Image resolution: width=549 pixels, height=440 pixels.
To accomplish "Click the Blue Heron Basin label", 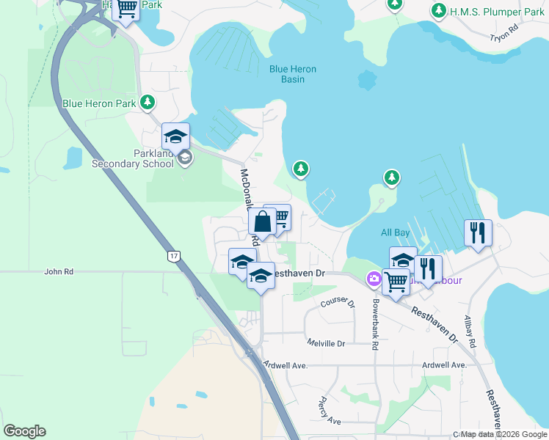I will pos(292,74).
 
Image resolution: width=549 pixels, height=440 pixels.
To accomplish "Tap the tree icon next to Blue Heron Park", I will pos(148,102).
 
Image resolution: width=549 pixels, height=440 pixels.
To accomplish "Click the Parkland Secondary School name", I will pos(133,159).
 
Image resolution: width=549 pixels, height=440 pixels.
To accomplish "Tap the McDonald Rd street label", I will pos(250,206).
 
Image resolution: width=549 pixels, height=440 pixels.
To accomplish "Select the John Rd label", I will pos(59,271).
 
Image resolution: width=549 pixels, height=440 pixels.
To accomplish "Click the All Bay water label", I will pos(395,232).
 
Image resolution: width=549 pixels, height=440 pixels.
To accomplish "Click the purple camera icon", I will pos(374,278).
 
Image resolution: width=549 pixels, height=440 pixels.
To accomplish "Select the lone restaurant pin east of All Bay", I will pos(478,232).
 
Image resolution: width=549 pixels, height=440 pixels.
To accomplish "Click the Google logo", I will pos(24,431).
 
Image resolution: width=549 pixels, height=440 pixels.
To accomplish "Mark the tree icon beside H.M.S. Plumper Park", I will pos(439,11).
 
